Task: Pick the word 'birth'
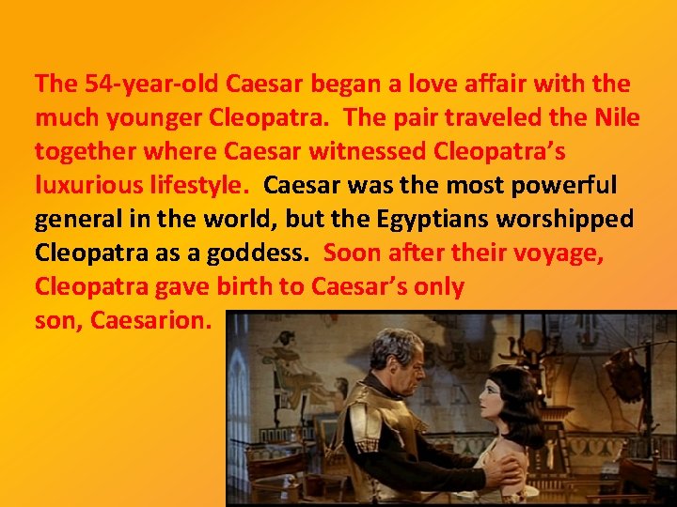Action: pos(240,287)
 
